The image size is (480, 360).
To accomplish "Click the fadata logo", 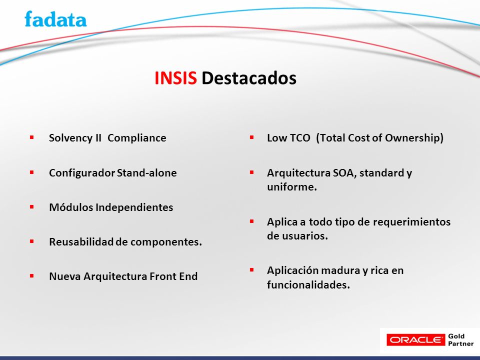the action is pos(55,19).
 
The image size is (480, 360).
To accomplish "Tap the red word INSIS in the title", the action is pos(175,78).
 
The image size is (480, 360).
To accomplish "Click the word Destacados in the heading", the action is pos(249,78).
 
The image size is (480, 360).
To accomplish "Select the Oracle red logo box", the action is pos(415,340).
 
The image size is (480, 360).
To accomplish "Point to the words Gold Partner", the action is pos(460,340).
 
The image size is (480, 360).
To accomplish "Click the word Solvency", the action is pos(70,138).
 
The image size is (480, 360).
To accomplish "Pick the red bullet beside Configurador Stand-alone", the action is pos(31,172).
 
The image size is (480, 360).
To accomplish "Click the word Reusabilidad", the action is pos(81,242).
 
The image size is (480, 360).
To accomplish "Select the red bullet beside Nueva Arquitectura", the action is pos(31,276).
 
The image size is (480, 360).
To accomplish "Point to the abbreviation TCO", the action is pos(300,138).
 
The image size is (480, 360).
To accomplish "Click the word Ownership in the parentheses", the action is pos(414,138).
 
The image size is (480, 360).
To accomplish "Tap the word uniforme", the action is pos(291,187).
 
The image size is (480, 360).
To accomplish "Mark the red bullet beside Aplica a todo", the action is pos(251,221).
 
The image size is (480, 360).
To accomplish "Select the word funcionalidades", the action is pos(308,285).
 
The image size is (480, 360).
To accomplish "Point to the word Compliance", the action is pos(137,138).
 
